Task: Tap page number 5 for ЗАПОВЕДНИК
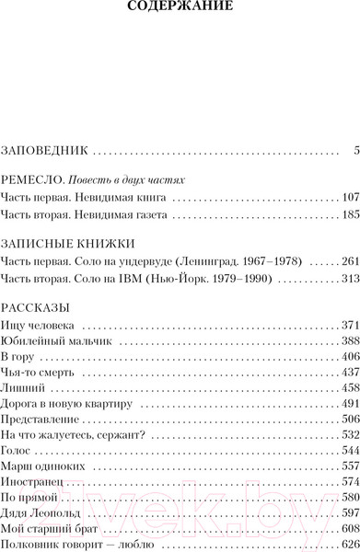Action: (x=354, y=149)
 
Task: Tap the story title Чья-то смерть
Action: (x=40, y=374)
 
